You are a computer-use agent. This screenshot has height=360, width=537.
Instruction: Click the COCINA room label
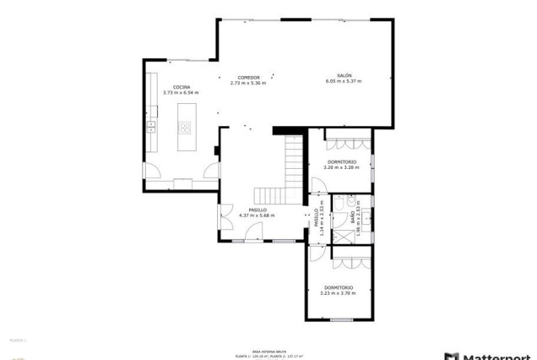pyautogui.click(x=182, y=87)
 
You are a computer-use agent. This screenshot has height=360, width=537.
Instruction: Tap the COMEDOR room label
pyautogui.click(x=248, y=76)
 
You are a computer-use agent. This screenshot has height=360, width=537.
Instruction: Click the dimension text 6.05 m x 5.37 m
pyautogui.click(x=344, y=82)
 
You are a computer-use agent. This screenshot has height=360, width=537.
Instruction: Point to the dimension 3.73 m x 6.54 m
pyautogui.click(x=181, y=93)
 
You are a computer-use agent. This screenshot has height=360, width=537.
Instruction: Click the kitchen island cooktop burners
pyautogui.click(x=184, y=128)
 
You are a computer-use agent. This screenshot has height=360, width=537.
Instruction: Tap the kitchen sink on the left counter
pyautogui.click(x=151, y=128)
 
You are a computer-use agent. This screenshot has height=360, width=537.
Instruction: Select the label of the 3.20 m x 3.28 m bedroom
pyautogui.click(x=341, y=161)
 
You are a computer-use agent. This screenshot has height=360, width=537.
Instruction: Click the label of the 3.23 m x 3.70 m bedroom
pyautogui.click(x=339, y=287)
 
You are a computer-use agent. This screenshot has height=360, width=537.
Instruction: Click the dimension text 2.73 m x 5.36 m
pyautogui.click(x=248, y=83)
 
